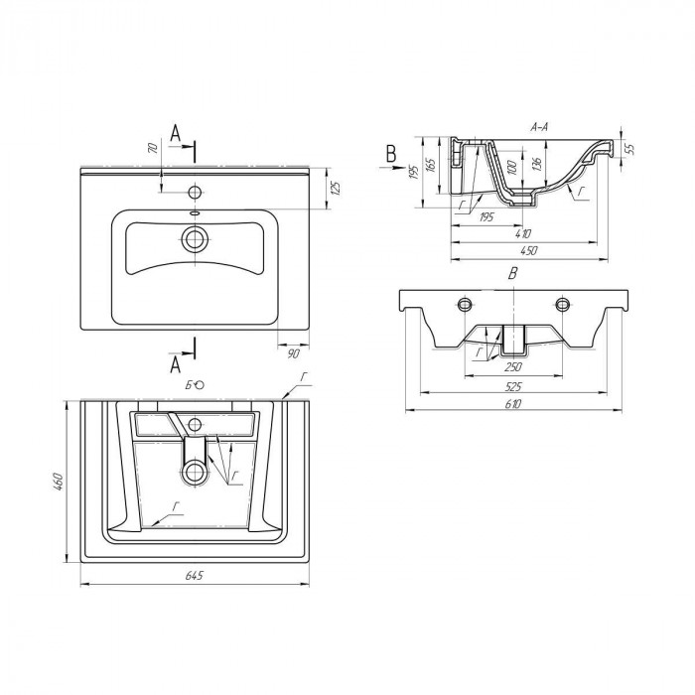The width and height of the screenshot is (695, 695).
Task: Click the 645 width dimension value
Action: pos(194,575)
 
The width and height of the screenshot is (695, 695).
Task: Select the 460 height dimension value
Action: pos(59,482)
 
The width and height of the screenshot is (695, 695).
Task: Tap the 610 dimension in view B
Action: pos(512,404)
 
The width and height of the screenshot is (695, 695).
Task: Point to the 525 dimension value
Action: pos(513,387)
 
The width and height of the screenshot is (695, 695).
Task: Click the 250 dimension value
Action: pos(513,367)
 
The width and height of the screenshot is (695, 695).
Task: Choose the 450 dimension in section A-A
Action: pos(529,251)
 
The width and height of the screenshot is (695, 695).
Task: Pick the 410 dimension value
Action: pos(523,233)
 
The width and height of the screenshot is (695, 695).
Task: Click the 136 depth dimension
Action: pos(537,165)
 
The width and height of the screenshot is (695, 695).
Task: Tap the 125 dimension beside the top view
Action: pos(336,188)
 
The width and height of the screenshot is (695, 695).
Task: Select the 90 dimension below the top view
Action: pos(294,353)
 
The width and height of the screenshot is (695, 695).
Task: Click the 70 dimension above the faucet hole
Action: pos(153,148)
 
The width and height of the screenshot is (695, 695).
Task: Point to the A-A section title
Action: pos(539,127)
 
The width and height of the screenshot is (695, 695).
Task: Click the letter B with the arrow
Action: pos(390,154)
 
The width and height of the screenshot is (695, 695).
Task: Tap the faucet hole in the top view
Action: pos(195,193)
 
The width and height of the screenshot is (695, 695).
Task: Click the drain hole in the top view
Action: pos(195,239)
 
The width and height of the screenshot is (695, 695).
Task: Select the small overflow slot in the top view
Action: pos(195,213)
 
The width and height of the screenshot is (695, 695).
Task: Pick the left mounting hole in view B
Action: pos(464,304)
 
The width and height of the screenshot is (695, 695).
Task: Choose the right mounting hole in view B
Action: pos(562,304)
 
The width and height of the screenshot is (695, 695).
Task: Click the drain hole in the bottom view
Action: pos(195,473)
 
